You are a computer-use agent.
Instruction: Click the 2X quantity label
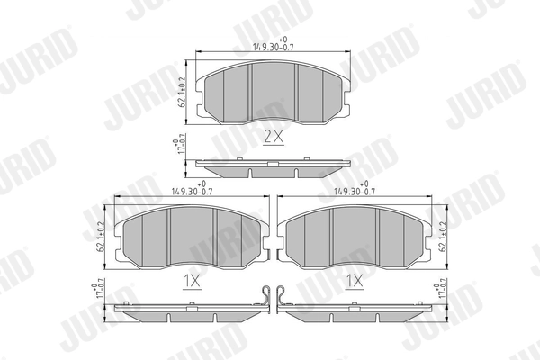click(273, 137)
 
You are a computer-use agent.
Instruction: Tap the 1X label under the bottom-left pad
click(192, 281)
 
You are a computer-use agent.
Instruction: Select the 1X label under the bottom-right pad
click(354, 281)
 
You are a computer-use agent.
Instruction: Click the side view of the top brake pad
click(273, 167)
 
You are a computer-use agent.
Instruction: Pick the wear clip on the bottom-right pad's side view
click(282, 295)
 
